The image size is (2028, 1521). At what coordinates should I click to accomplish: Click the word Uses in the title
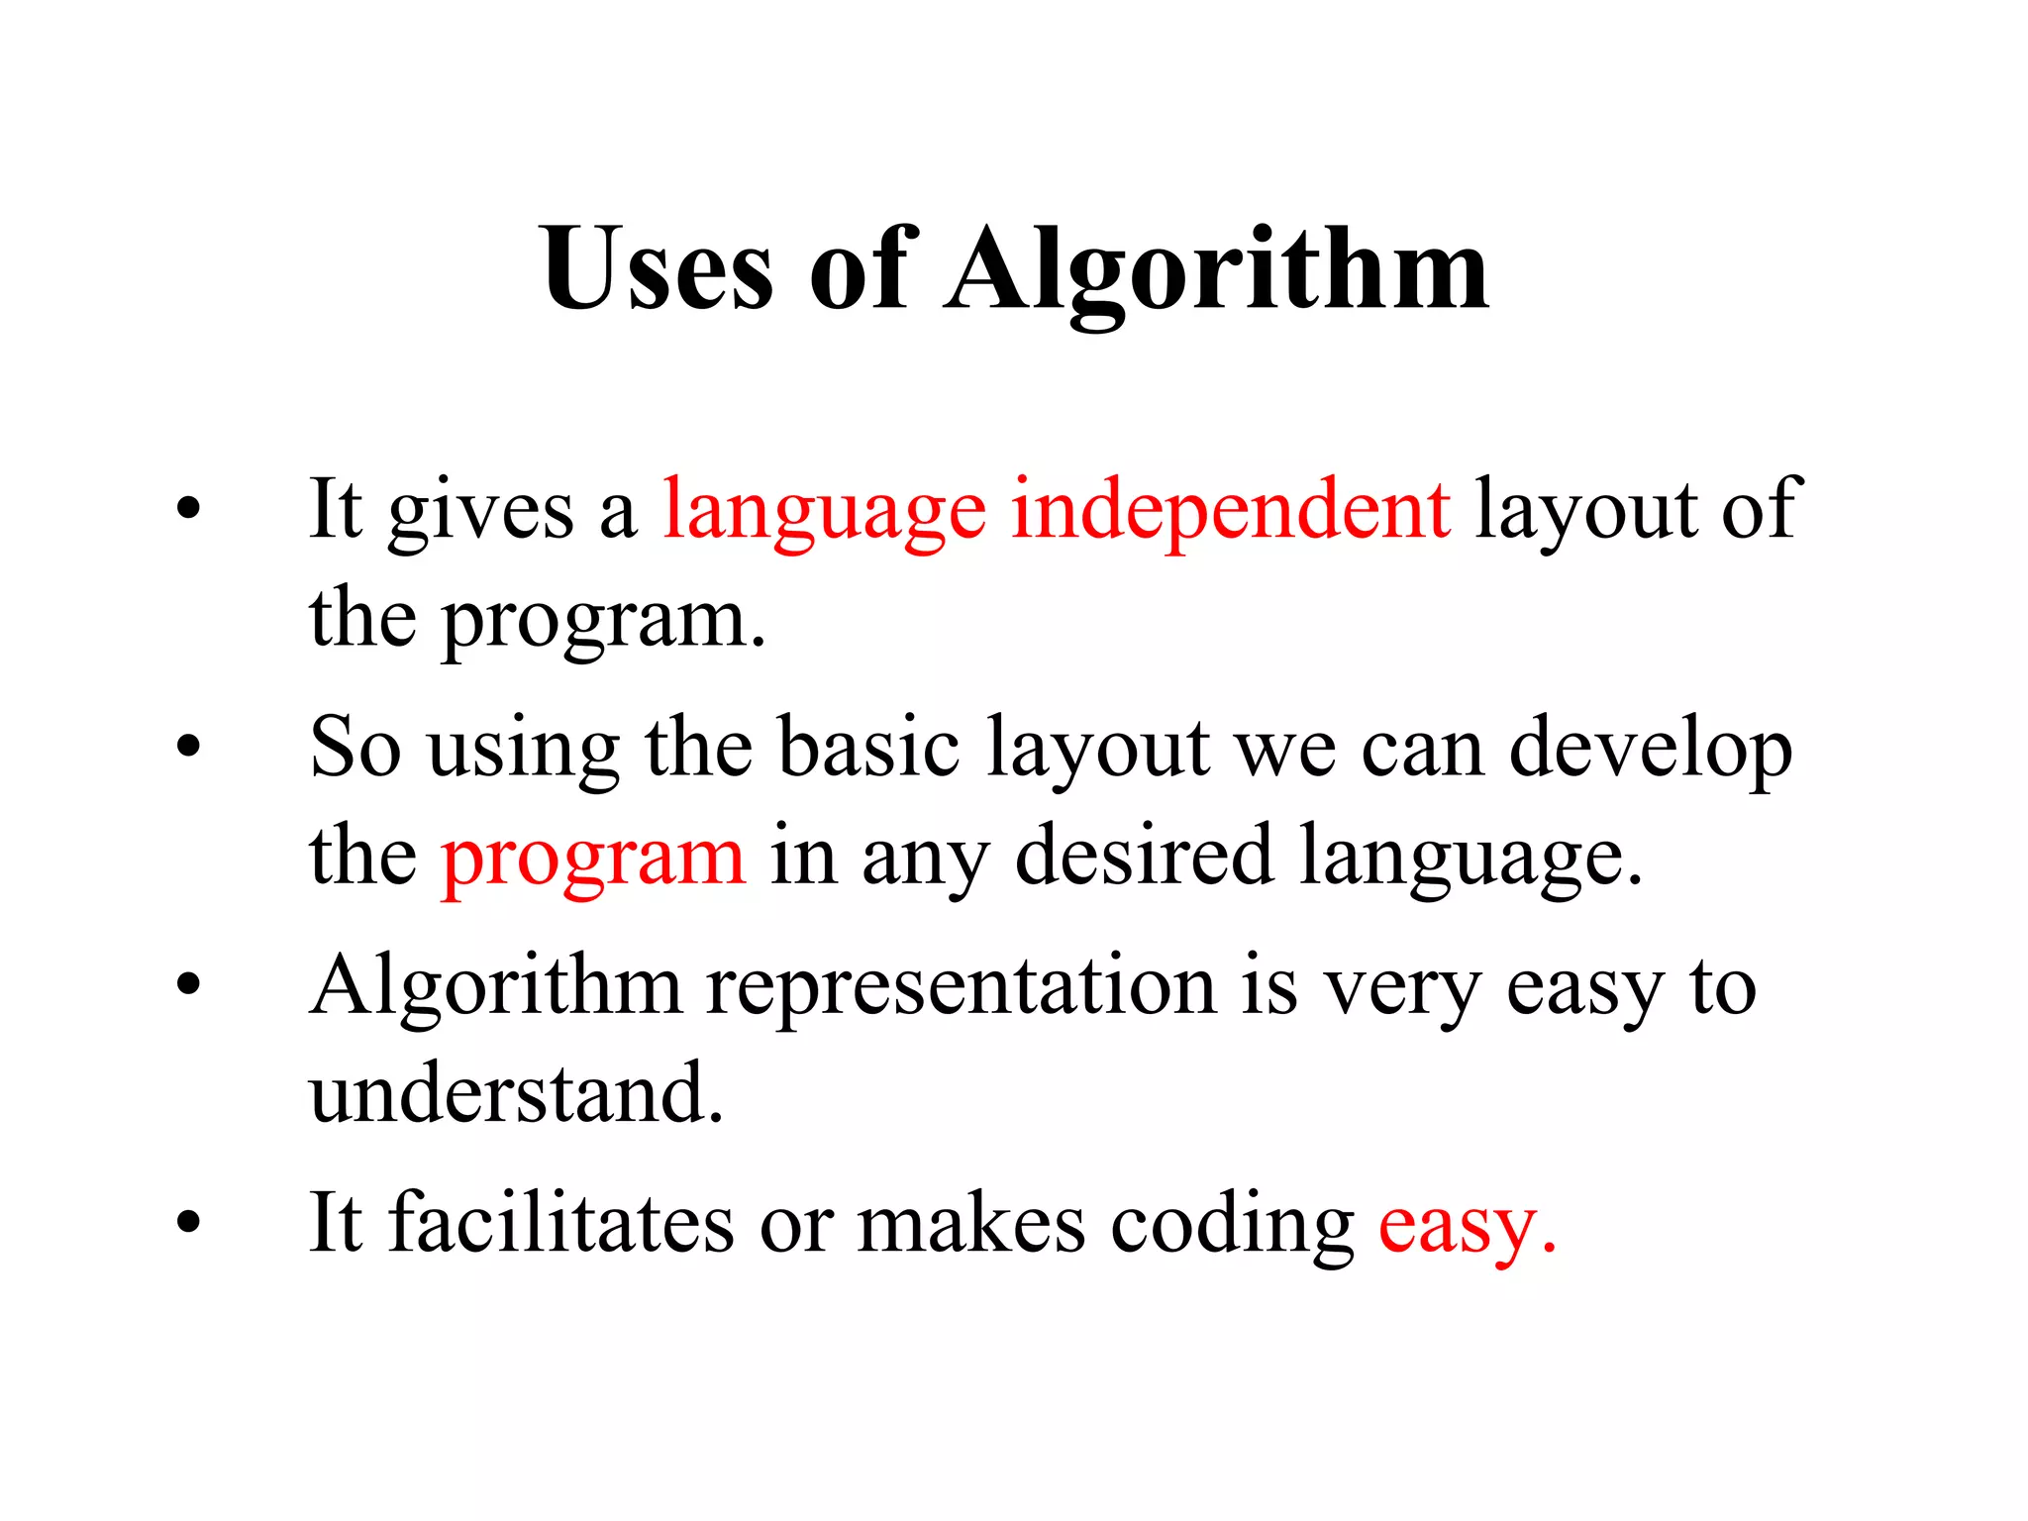pos(657,268)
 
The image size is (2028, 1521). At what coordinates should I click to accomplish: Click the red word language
pos(824,512)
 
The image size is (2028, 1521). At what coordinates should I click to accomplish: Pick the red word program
pos(592,858)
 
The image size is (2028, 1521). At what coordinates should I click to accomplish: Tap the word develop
pos(1650,750)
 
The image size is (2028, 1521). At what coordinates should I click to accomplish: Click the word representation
pos(961,987)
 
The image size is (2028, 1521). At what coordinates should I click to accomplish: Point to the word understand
pos(516,1093)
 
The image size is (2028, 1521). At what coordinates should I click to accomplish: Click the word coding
pos(1232,1226)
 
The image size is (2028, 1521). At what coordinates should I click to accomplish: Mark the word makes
pos(970,1224)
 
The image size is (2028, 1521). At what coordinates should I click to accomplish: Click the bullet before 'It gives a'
pos(188,511)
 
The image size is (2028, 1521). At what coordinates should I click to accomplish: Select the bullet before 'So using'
pos(188,748)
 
